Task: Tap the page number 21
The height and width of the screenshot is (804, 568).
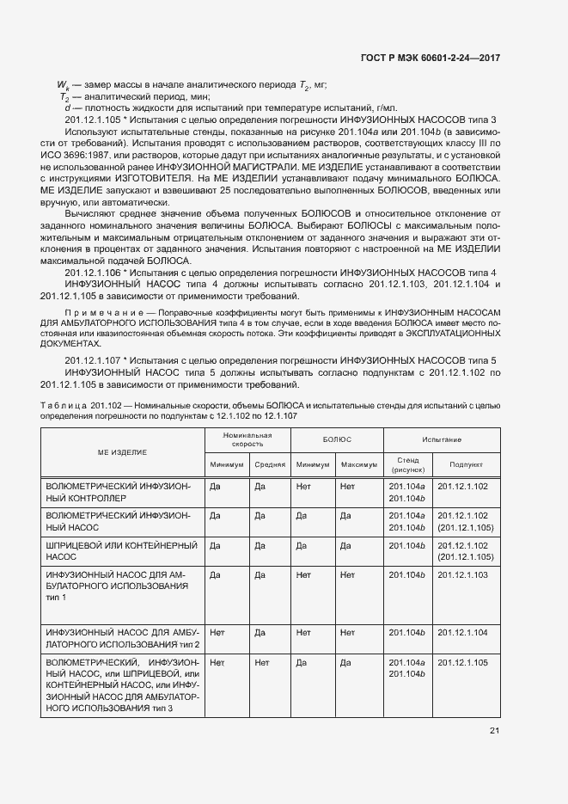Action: click(x=494, y=731)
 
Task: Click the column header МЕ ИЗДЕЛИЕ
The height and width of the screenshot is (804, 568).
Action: click(x=121, y=451)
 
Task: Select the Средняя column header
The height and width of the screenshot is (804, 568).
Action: click(x=270, y=464)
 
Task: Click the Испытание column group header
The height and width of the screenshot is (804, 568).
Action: click(x=442, y=439)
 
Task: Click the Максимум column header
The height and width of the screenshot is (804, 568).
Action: click(x=359, y=464)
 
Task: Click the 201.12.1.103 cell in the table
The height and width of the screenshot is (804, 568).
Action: click(x=462, y=574)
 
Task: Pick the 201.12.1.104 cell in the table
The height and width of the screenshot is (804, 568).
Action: click(x=462, y=632)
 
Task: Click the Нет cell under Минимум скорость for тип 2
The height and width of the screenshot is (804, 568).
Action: click(x=217, y=632)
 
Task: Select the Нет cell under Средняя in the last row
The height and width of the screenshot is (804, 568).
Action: click(x=262, y=663)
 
